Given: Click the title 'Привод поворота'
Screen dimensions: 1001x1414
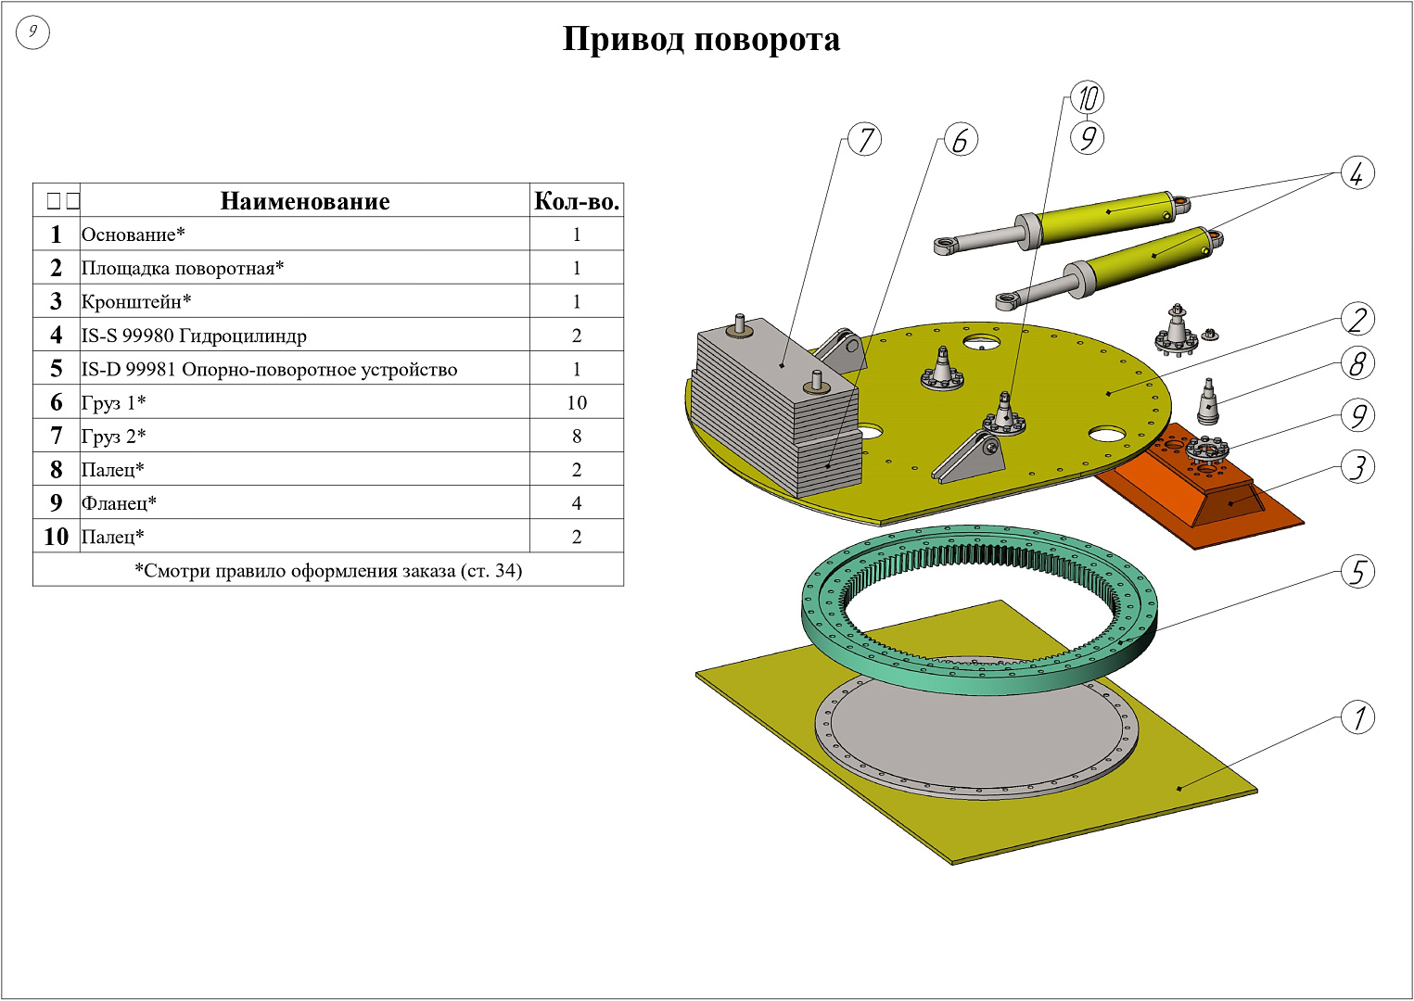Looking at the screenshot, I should (x=701, y=40).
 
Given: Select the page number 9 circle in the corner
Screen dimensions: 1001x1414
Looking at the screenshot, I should (x=32, y=32).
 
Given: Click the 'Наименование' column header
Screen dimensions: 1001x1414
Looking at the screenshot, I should (x=305, y=201).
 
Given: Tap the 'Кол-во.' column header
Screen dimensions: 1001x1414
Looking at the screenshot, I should (x=577, y=201).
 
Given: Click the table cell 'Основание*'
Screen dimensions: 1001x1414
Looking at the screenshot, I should (x=134, y=234).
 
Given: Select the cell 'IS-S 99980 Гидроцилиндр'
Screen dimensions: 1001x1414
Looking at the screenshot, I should (x=194, y=336).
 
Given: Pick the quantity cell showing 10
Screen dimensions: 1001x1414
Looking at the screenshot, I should (x=577, y=402).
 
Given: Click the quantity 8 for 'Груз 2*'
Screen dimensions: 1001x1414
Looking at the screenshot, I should (x=577, y=436).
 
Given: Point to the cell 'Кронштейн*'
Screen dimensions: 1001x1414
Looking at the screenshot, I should (x=136, y=301).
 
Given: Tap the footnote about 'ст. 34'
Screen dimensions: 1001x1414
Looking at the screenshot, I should (x=328, y=570).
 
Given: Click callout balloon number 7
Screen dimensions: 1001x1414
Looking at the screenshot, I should (x=865, y=140).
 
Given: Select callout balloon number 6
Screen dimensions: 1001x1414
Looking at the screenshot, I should (x=961, y=140).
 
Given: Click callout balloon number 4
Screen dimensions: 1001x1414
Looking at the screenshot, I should (x=1357, y=172).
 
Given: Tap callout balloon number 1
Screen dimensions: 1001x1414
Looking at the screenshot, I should (x=1357, y=716).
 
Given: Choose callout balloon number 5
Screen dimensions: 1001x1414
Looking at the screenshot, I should (x=1357, y=571).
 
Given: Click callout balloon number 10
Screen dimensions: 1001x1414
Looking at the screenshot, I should (x=1087, y=97).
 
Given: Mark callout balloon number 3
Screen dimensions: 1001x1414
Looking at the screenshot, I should (x=1357, y=467).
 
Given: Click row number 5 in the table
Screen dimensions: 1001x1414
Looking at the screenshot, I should (x=57, y=369).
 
